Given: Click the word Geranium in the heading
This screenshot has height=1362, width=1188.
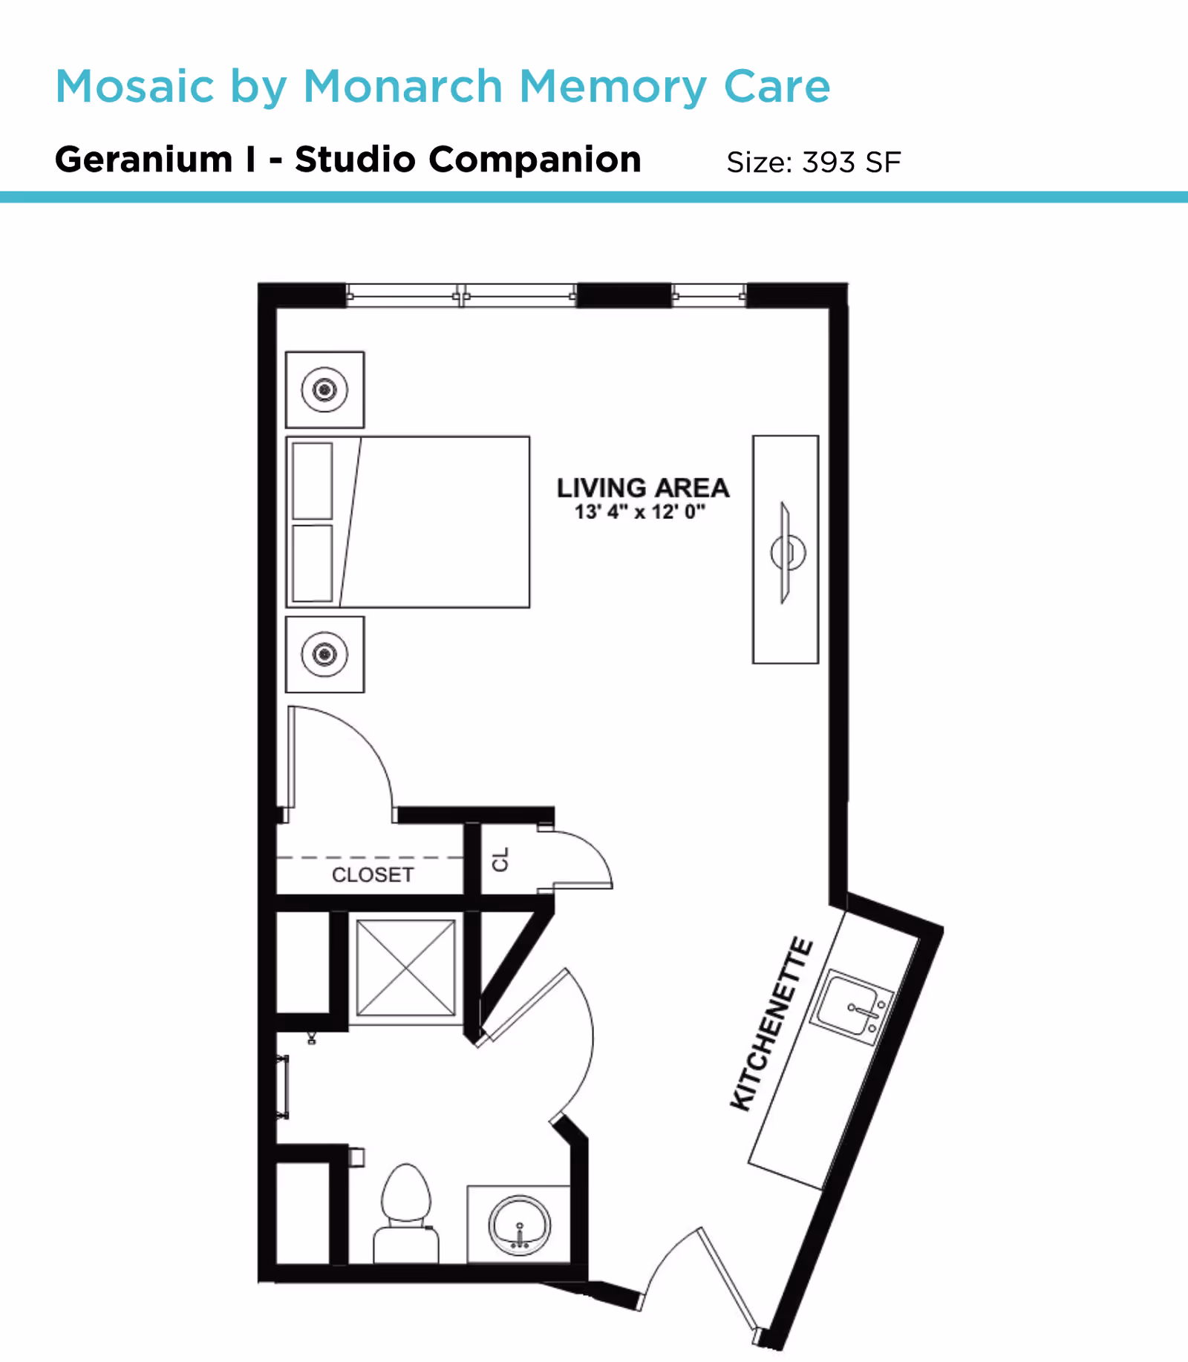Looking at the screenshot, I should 143,160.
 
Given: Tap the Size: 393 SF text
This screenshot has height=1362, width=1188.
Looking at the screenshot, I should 813,162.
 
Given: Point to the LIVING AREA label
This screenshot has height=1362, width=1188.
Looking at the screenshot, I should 643,488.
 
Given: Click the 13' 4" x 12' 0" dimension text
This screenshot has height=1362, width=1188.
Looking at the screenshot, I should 639,511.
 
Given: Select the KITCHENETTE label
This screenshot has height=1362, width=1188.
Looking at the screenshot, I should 771,1024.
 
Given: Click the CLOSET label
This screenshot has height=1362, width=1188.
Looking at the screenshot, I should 372,875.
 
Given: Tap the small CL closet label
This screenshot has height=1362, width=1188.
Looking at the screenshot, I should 500,860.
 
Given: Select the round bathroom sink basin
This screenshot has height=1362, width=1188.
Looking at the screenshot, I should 519,1225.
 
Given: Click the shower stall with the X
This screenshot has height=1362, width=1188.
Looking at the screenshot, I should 405,968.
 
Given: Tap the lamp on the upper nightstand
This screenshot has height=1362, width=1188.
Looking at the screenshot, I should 324,390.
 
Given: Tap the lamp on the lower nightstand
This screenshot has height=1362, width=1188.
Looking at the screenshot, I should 324,654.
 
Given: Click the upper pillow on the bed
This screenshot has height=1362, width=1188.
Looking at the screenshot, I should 312,481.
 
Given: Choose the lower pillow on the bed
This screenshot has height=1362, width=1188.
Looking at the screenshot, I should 312,563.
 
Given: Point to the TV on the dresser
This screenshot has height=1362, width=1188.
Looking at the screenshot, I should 786,552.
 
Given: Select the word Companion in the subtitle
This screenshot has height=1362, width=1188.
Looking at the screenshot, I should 535,160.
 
